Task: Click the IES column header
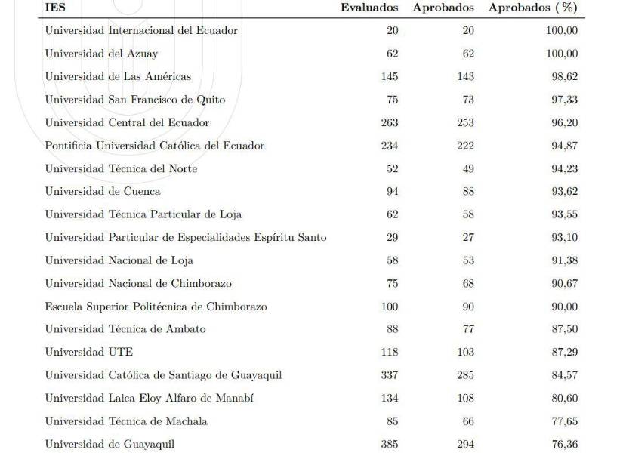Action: click(x=54, y=8)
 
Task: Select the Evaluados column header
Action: click(x=369, y=8)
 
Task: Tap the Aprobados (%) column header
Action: click(x=533, y=8)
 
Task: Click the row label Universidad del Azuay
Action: click(x=101, y=54)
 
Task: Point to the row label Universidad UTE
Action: click(x=88, y=352)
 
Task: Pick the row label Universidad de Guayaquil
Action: click(x=110, y=444)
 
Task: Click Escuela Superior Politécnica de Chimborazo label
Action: click(x=156, y=307)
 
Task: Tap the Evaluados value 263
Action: click(x=389, y=122)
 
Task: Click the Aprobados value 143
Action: click(x=465, y=76)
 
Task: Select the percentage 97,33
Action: click(x=564, y=100)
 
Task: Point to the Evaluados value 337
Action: click(x=389, y=375)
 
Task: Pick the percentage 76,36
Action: click(x=564, y=444)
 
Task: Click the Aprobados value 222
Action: click(x=465, y=146)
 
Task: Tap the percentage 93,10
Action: click(x=564, y=237)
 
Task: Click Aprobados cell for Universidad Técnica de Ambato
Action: click(x=468, y=329)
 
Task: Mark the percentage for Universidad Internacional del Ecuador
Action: click(x=561, y=30)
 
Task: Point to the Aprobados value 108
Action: click(x=465, y=398)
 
